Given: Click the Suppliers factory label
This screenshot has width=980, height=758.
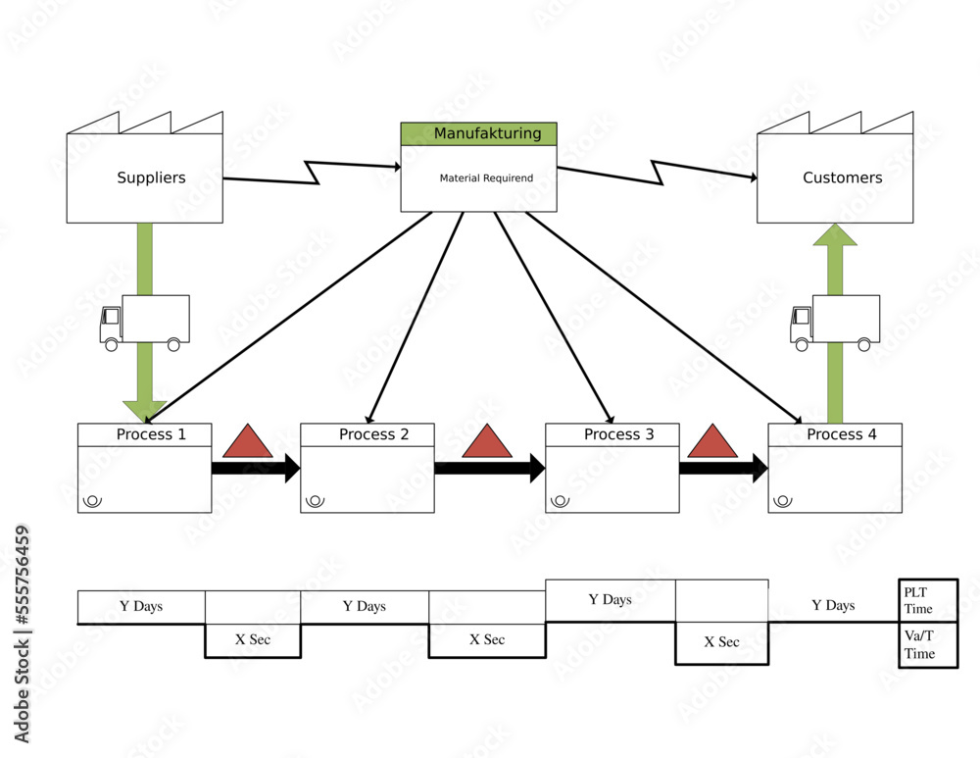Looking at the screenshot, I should coord(151,177).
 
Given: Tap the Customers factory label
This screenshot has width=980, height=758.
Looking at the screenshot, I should coord(842,177).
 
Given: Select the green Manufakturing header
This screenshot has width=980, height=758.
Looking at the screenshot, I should coord(478,133).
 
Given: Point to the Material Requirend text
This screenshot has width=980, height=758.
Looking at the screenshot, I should coord(486,178).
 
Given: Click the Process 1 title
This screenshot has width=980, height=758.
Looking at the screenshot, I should coord(150,434).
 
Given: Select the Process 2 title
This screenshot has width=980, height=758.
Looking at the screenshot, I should coord(373,434).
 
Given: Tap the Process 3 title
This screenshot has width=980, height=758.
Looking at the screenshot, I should coord(618,434).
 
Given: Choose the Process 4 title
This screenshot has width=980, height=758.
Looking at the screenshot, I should coord(841,434).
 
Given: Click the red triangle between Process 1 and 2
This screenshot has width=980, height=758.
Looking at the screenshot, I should coord(248,443).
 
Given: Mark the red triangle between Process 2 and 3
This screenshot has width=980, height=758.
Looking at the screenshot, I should coord(487,443).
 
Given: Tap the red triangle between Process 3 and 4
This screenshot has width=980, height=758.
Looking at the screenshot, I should coord(712,443).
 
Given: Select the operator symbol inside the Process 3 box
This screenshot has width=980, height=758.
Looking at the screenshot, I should coord(560,500).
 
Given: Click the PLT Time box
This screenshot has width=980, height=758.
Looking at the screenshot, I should coord(927,600).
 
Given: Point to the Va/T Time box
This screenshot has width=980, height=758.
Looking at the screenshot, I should coord(927,646).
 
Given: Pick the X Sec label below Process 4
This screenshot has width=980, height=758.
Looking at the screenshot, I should coord(721,642).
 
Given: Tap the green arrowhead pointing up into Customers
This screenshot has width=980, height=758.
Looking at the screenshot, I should coord(835,236).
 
